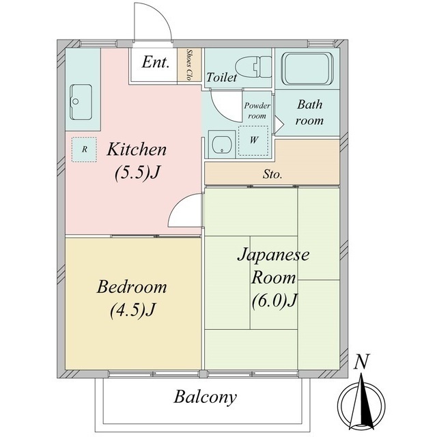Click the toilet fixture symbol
click(253, 67)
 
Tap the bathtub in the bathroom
click(307, 68)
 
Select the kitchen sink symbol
click(81, 102)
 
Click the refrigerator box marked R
click(84, 150)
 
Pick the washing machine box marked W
click(253, 140)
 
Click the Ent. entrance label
click(156, 62)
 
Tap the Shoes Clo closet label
click(190, 65)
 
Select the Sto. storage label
click(272, 175)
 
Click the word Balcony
click(206, 397)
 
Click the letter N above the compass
click(361, 361)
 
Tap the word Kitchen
click(137, 149)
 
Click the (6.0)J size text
click(274, 300)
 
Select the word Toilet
click(221, 77)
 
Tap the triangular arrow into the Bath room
click(279, 124)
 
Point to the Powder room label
click(257, 111)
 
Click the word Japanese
click(273, 255)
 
